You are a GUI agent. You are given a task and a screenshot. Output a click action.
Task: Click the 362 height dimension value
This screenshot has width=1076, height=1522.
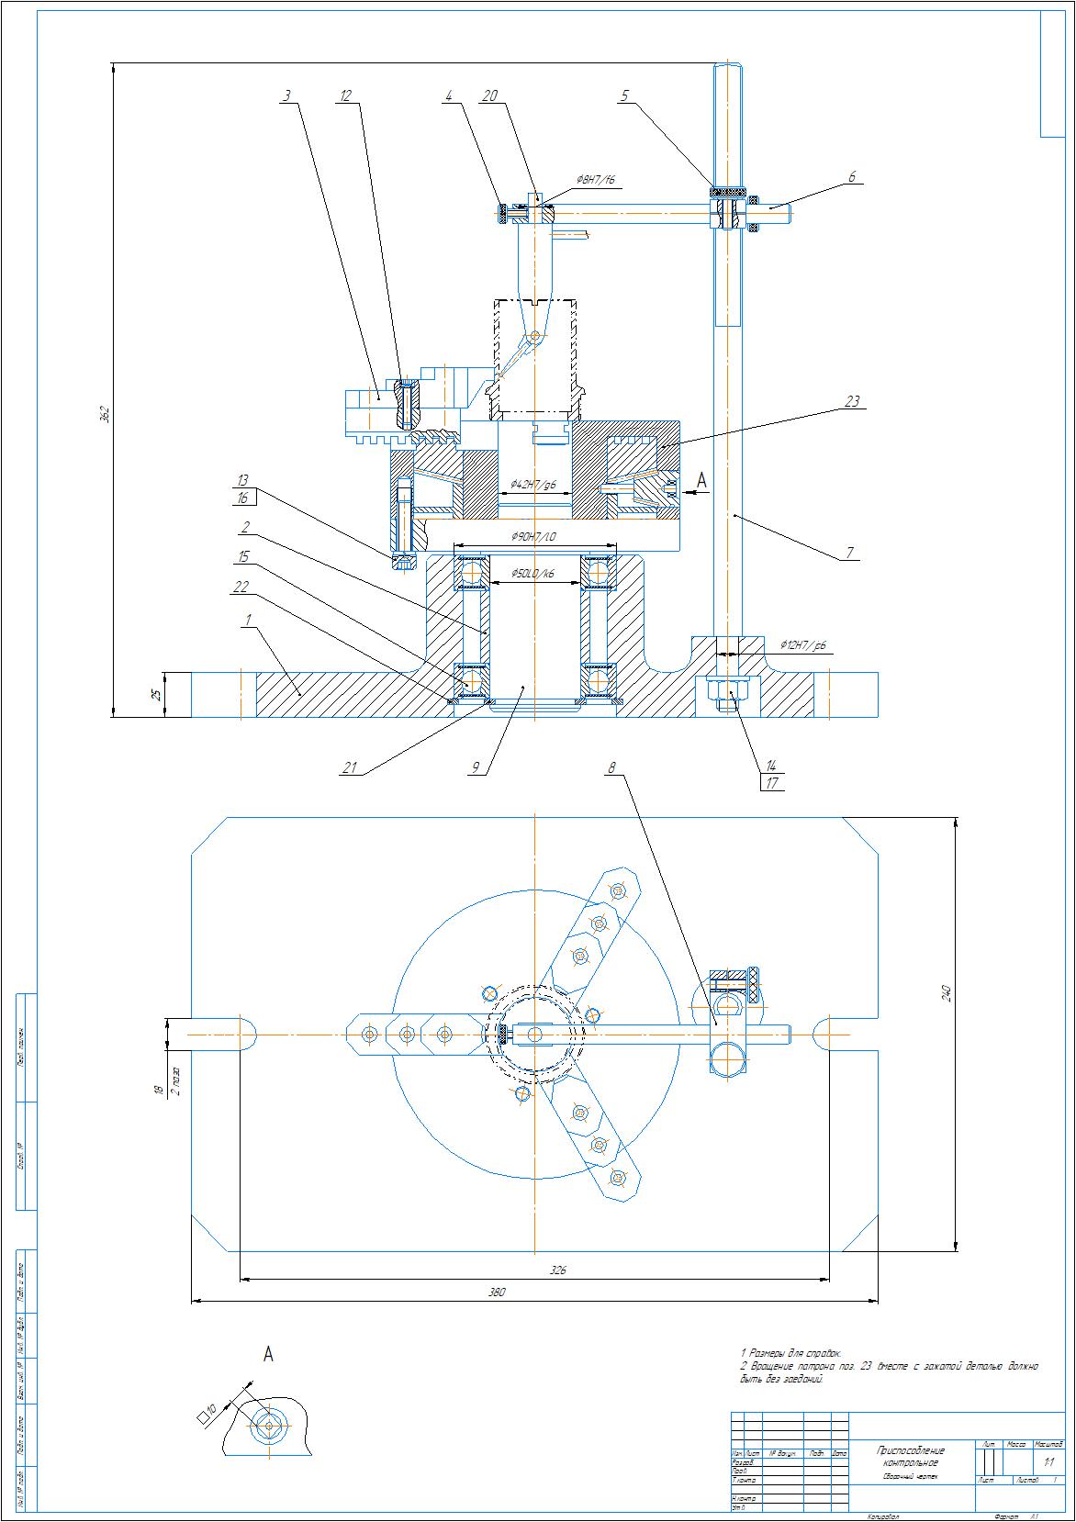click(x=105, y=414)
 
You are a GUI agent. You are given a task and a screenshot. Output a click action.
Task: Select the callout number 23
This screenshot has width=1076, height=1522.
click(x=852, y=401)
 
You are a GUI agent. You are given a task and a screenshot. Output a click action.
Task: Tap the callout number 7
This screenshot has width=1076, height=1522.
click(x=850, y=553)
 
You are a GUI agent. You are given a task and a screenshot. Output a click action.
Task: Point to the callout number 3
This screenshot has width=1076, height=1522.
click(x=287, y=95)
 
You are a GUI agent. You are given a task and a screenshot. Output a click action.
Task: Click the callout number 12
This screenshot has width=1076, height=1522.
click(x=345, y=95)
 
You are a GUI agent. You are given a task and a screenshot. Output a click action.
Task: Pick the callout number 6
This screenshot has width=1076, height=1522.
click(x=852, y=177)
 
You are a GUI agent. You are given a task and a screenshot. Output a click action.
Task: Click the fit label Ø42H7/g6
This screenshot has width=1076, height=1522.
click(x=533, y=484)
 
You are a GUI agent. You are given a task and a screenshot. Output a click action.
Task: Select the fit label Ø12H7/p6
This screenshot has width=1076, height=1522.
click(x=803, y=646)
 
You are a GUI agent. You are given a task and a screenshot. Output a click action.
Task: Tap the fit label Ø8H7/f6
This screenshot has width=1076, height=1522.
click(x=595, y=180)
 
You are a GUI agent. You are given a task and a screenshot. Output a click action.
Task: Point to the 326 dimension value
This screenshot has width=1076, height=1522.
click(x=558, y=1270)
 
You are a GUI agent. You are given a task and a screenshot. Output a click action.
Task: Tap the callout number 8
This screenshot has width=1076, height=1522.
click(x=611, y=767)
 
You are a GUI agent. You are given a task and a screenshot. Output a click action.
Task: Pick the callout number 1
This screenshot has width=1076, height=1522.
click(x=247, y=621)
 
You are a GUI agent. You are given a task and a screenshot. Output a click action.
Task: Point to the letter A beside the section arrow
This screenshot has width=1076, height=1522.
click(x=702, y=479)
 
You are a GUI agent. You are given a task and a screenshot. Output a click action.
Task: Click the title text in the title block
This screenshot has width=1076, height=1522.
click(x=910, y=1456)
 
